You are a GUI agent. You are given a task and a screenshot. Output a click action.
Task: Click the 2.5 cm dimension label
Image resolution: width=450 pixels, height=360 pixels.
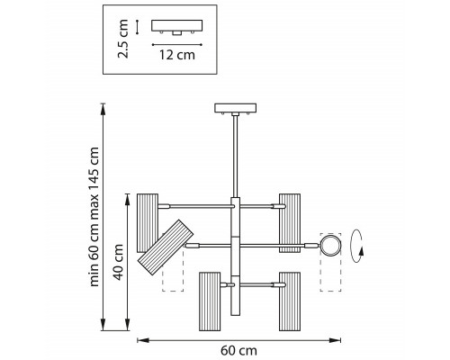tap(123, 39)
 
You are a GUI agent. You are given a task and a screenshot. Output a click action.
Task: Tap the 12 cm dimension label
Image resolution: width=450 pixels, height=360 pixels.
tap(177, 55)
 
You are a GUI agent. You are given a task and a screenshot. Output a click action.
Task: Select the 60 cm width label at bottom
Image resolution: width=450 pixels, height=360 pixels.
tap(239, 350)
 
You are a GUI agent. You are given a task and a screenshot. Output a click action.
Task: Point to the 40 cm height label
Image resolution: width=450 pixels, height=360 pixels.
tap(119, 262)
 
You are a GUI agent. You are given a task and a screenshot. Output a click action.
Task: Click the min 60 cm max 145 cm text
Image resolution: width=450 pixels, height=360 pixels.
tap(94, 217)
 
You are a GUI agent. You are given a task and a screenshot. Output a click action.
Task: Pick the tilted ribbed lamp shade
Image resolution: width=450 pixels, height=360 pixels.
tap(166, 247)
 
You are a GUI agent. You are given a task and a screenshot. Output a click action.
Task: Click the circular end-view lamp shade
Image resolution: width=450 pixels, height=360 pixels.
tap(330, 246)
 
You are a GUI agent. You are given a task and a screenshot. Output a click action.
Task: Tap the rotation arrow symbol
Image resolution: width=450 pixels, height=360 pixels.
tap(357, 246)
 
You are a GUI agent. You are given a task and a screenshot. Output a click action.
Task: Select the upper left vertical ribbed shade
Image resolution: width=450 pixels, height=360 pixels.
tap(148, 223)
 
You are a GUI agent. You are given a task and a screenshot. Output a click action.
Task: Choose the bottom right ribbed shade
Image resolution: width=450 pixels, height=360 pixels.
tap(290, 301)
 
